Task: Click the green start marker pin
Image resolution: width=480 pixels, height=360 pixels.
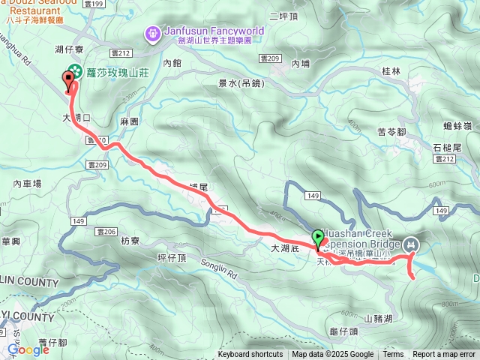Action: click(x=318, y=239)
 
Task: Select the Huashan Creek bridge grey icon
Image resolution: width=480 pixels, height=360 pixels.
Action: click(x=412, y=244)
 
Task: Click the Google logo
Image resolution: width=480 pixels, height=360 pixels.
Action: click(x=28, y=349)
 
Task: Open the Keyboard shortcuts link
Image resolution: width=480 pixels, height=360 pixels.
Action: click(x=250, y=355)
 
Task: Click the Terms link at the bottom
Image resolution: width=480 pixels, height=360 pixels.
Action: click(x=393, y=355)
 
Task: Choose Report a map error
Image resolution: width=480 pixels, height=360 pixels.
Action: click(x=445, y=355)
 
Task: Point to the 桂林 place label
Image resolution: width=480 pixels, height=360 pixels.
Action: click(x=391, y=71)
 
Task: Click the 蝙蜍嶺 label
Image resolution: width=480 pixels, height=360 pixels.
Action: click(x=457, y=124)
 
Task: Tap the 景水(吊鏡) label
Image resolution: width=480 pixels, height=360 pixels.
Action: click(x=236, y=83)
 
